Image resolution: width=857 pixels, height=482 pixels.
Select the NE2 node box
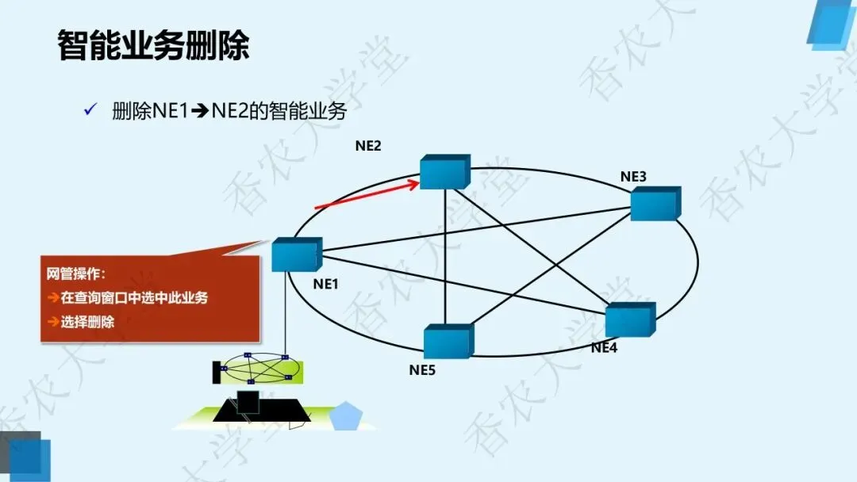[444, 172]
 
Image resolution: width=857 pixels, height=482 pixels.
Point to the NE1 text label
[326, 283]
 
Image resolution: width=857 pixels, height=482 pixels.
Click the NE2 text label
[368, 146]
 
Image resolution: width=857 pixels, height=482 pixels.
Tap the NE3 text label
[633, 176]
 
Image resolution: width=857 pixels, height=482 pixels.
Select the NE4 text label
[604, 347]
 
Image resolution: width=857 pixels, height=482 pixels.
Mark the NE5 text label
[422, 369]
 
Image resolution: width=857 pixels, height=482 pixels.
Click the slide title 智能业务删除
[153, 45]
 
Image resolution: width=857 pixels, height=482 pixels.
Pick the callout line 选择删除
[86, 322]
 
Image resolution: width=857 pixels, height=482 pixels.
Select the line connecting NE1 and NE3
[476, 229]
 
